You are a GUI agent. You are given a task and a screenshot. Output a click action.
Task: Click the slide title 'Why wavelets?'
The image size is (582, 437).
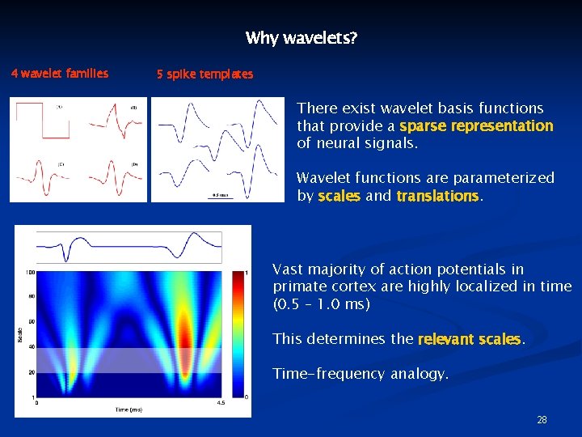click(x=302, y=38)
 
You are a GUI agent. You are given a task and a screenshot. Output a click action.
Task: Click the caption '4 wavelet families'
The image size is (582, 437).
click(x=60, y=74)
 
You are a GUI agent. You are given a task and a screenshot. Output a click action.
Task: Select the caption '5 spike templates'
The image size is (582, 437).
click(x=205, y=74)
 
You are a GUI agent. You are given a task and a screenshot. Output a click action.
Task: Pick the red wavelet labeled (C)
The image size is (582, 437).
click(x=40, y=176)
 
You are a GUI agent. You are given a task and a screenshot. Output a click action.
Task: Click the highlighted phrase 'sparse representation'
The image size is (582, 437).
click(x=476, y=126)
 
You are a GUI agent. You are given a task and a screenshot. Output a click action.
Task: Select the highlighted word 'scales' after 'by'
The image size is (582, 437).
click(x=339, y=196)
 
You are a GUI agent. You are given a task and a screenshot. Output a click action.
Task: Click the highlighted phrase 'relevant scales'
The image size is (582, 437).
click(x=470, y=339)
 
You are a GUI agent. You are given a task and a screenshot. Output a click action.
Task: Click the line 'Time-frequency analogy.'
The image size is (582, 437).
click(x=361, y=373)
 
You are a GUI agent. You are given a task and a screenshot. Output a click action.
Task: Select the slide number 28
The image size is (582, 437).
click(x=542, y=420)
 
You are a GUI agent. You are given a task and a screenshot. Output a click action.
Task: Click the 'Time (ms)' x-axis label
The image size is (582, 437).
click(x=129, y=409)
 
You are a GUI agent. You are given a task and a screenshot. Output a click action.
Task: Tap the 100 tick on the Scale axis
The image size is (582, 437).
click(x=29, y=272)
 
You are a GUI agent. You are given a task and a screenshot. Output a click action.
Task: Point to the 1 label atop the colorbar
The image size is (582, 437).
click(x=246, y=273)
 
